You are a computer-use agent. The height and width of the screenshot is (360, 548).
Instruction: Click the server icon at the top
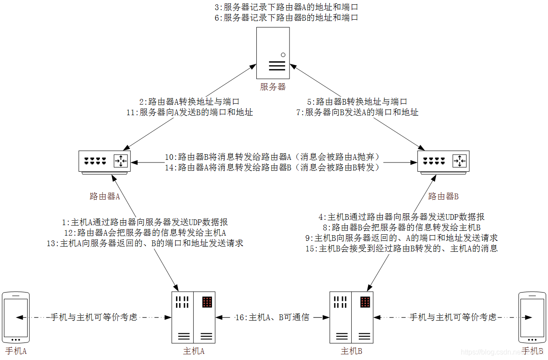pyautogui.click(x=272, y=53)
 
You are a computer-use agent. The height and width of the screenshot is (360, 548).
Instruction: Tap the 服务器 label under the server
pyautogui.click(x=272, y=87)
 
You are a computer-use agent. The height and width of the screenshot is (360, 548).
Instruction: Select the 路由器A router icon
pyautogui.click(x=105, y=162)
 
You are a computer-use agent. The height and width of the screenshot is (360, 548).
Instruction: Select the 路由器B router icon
pyautogui.click(x=443, y=162)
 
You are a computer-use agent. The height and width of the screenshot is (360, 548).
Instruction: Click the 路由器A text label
pyautogui.click(x=104, y=196)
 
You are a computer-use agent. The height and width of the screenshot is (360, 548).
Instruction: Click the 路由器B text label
pyautogui.click(x=443, y=196)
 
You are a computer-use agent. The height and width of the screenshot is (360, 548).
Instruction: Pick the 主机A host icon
pyautogui.click(x=193, y=317)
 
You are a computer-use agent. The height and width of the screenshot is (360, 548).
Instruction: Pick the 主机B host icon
pyautogui.click(x=351, y=317)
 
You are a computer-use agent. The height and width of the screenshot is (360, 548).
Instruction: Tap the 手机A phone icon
pyautogui.click(x=16, y=318)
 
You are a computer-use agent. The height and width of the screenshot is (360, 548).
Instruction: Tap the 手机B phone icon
pyautogui.click(x=532, y=318)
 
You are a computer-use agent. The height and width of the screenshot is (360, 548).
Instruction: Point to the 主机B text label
pyautogui.click(x=351, y=351)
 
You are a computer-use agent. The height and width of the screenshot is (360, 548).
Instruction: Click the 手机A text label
pyautogui.click(x=16, y=351)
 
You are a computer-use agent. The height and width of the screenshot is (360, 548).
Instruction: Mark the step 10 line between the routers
pyautogui.click(x=272, y=157)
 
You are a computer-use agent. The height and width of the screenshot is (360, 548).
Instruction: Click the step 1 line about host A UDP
pyautogui.click(x=145, y=222)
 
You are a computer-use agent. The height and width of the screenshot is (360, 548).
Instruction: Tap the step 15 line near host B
pyautogui.click(x=402, y=249)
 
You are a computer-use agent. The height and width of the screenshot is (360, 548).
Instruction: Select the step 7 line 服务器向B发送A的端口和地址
pyautogui.click(x=357, y=113)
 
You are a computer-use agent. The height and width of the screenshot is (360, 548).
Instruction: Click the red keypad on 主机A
pyautogui.click(x=207, y=302)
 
